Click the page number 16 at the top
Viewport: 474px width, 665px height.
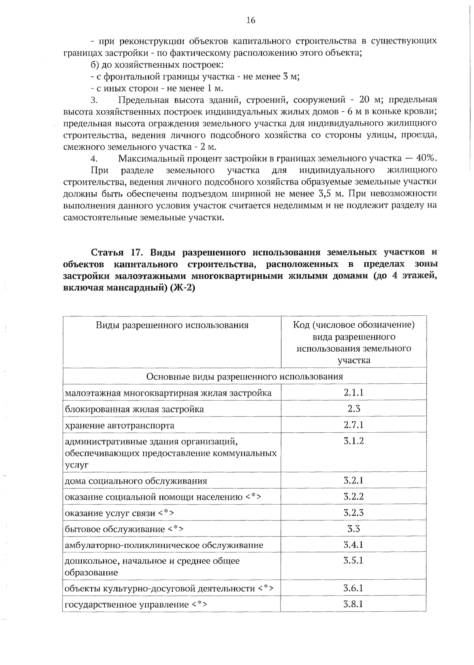click(250, 21)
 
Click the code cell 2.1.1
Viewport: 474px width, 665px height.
click(353, 392)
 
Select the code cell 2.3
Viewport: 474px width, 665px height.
click(354, 409)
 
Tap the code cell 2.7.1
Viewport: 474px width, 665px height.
click(353, 425)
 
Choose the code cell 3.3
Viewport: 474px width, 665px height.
click(354, 529)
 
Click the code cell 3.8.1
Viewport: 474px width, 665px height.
click(353, 604)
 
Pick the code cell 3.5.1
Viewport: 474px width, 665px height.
click(353, 560)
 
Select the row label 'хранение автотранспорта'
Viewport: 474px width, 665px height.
click(119, 426)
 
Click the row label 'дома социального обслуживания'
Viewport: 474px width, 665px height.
click(136, 481)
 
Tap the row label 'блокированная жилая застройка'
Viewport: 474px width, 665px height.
click(134, 409)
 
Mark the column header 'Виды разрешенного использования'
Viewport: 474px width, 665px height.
click(172, 325)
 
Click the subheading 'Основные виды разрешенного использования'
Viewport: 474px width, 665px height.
click(244, 376)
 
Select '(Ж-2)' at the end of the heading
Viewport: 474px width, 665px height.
click(182, 288)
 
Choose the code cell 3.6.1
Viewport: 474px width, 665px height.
click(353, 588)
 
